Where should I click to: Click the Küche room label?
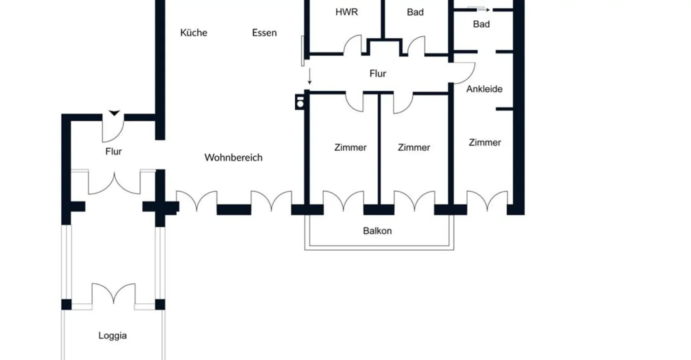coord(193,33)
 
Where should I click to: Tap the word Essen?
coord(264,33)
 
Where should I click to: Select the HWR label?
coord(347,12)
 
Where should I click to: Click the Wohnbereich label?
coord(233,158)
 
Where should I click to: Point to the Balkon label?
coord(377,231)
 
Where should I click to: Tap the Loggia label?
coord(112,336)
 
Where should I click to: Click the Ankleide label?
coord(484,89)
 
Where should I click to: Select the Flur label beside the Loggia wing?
coord(113,152)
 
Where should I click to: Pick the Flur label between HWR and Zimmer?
coord(378,73)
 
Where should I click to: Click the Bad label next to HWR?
coord(415,12)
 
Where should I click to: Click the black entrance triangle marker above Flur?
coord(114,113)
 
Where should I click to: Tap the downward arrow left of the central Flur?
coord(310,76)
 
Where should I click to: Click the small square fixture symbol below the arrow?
coord(300,102)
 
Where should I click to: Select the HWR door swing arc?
coord(352,45)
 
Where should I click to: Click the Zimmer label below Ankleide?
coord(485,143)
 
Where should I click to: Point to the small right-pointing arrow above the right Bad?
coord(480,9)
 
